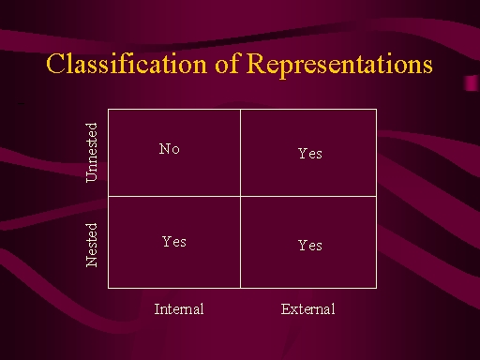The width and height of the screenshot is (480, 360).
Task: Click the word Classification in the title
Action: (127, 64)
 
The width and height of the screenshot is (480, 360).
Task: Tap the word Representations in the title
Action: (339, 65)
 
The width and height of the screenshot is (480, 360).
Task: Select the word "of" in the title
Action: (227, 63)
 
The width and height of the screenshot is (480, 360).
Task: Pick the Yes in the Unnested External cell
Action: (310, 154)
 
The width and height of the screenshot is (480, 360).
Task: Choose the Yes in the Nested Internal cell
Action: (174, 242)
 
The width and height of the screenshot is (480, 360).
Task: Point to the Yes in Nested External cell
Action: (310, 246)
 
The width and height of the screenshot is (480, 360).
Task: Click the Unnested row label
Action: (91, 153)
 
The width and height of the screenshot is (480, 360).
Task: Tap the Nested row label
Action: (91, 245)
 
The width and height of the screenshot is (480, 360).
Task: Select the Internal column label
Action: (179, 309)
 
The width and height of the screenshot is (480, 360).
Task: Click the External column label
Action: (307, 309)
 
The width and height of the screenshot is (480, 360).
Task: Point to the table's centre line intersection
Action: (240, 196)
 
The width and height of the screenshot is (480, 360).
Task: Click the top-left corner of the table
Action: (108, 110)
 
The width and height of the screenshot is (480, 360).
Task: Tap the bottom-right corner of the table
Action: (376, 288)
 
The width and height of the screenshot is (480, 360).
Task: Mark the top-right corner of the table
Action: (376, 110)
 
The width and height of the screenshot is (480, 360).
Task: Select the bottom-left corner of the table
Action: (108, 288)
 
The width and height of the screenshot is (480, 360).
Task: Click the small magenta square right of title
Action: (471, 83)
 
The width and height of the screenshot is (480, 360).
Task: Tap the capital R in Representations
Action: (258, 63)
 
